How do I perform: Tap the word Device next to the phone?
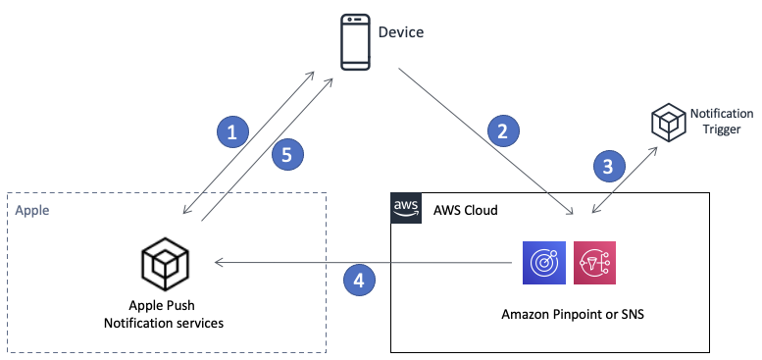[401, 32]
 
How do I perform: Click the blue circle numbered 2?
[502, 130]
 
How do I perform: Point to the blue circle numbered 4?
[359, 281]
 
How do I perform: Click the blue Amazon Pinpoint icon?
[540, 264]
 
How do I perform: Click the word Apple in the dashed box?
[33, 210]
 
